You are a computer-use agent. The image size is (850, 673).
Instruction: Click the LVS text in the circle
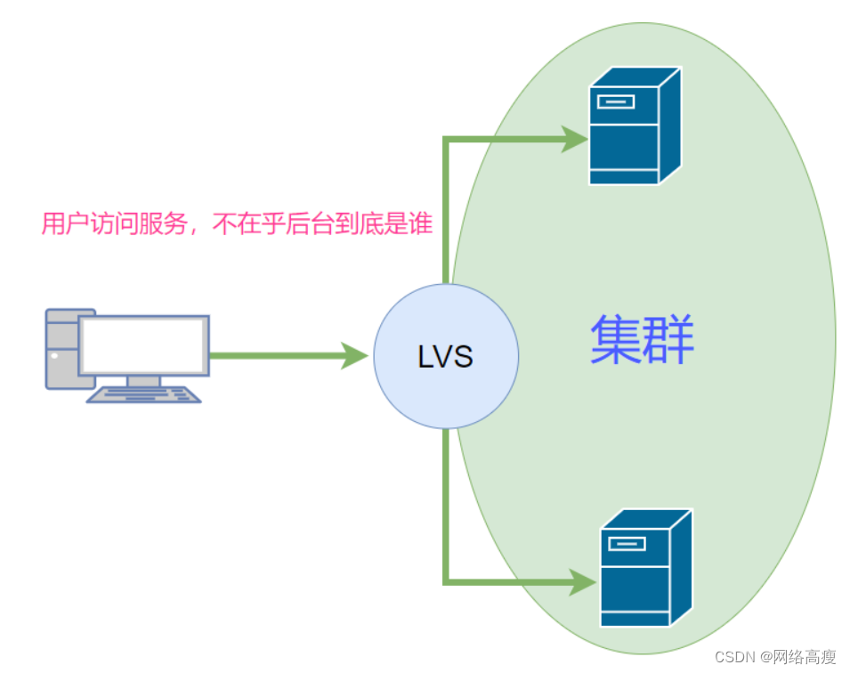(445, 357)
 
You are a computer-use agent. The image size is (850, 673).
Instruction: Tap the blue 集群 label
(642, 339)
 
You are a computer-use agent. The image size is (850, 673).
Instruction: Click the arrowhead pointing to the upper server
(574, 138)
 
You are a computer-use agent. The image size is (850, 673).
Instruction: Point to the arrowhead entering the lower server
(583, 583)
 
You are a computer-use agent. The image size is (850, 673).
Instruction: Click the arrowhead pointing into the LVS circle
(356, 357)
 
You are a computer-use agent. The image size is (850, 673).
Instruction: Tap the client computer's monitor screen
(144, 345)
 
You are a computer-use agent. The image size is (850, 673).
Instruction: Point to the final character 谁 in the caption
(421, 225)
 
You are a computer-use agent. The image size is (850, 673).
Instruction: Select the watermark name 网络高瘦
(805, 657)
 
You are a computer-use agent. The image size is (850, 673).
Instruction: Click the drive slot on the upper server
(616, 100)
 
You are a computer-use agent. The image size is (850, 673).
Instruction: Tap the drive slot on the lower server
(625, 543)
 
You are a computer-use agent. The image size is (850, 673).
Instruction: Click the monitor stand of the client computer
(143, 380)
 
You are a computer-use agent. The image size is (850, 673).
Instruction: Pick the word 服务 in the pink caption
(166, 225)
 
